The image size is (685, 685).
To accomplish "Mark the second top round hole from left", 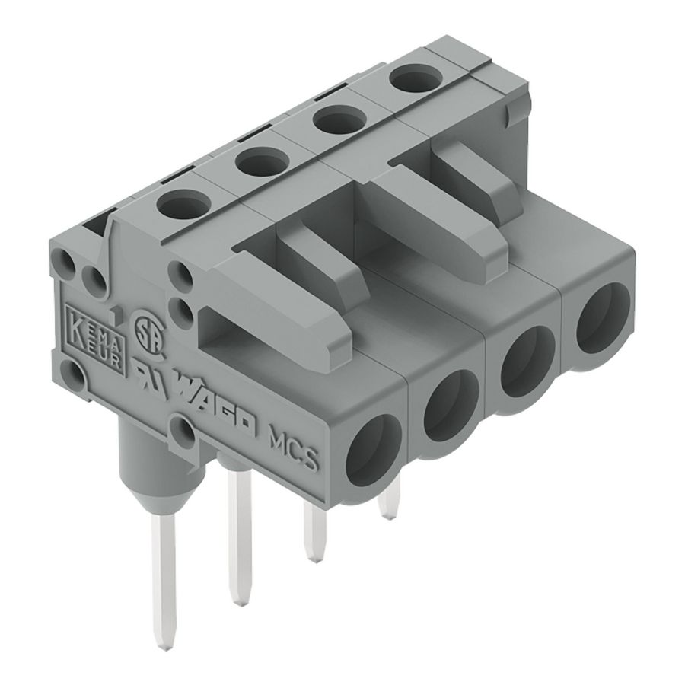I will [x=258, y=161].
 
